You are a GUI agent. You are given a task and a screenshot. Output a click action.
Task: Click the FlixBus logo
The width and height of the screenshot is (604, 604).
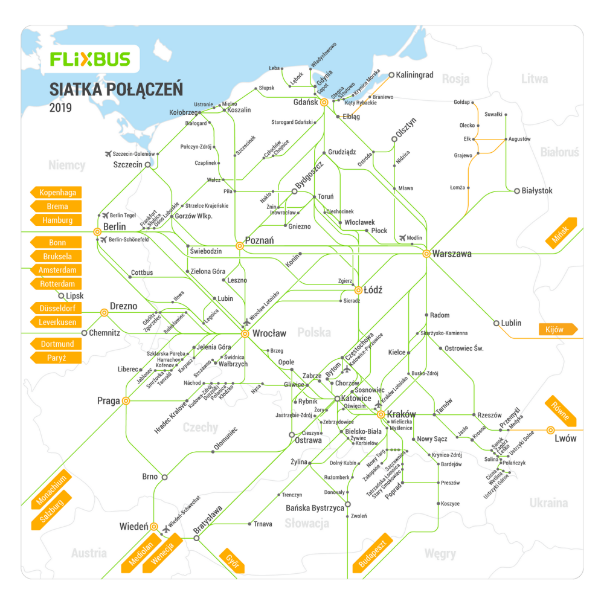point(89,59)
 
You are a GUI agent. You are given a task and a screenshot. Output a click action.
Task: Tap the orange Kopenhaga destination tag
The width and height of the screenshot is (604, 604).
point(57,193)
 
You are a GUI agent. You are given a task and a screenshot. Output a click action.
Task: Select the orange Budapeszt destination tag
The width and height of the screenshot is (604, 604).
point(373,553)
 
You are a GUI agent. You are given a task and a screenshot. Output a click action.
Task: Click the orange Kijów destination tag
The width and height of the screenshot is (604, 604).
point(557,330)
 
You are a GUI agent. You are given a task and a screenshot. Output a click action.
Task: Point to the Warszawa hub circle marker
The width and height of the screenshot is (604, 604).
point(426,254)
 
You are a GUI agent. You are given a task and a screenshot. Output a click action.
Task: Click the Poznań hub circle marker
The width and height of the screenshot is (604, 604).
point(240,246)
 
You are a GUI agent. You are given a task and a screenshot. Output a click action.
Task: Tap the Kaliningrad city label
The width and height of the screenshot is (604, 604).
point(415,75)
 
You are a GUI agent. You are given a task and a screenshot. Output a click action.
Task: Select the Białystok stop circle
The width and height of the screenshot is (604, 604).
point(517,191)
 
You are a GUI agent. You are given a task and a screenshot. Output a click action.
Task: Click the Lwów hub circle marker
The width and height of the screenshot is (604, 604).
point(550,430)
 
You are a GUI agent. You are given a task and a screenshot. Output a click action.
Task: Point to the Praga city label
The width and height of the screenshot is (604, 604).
point(109,401)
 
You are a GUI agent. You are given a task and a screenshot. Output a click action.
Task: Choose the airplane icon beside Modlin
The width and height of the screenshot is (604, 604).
point(403,237)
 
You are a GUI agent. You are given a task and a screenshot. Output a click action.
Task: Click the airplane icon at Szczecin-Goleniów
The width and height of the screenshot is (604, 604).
point(109,153)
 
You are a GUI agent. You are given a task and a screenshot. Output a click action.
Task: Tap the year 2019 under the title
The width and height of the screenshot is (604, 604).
point(60,108)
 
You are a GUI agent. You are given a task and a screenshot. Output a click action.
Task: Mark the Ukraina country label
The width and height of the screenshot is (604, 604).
point(548,503)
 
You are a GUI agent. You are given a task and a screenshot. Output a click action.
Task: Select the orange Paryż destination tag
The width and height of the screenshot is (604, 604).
point(57,358)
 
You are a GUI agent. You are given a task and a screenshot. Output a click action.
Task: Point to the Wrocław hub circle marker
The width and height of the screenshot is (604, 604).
point(245,333)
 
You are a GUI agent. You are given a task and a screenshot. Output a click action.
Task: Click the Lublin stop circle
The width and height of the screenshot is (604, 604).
point(496,323)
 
